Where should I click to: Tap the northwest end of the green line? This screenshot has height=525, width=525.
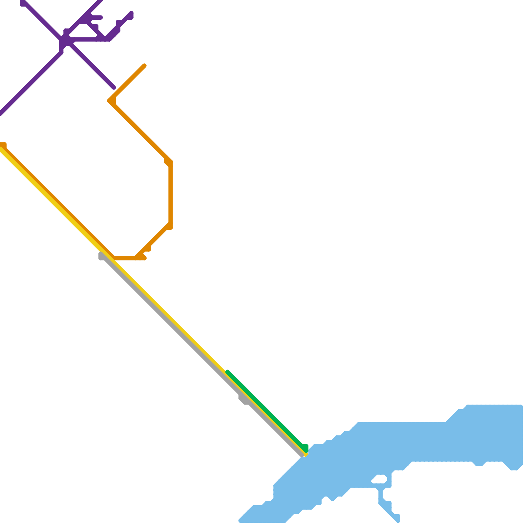[x=228, y=372]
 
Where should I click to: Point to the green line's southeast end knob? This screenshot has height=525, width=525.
[x=305, y=448]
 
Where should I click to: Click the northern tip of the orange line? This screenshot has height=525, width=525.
[x=144, y=66]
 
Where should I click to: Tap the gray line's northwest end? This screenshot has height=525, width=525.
[x=101, y=256]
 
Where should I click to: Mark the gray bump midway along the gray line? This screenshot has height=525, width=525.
[x=243, y=400]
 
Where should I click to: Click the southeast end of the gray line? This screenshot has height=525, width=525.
[x=303, y=455]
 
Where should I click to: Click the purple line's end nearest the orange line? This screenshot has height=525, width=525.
[x=114, y=88]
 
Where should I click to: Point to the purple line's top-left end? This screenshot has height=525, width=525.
[x=22, y=3]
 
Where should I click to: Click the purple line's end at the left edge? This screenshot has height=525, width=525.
[x=1, y=113]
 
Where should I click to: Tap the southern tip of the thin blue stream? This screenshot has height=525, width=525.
[x=398, y=520]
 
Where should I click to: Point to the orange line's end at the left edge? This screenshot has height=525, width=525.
[x=3, y=145]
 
